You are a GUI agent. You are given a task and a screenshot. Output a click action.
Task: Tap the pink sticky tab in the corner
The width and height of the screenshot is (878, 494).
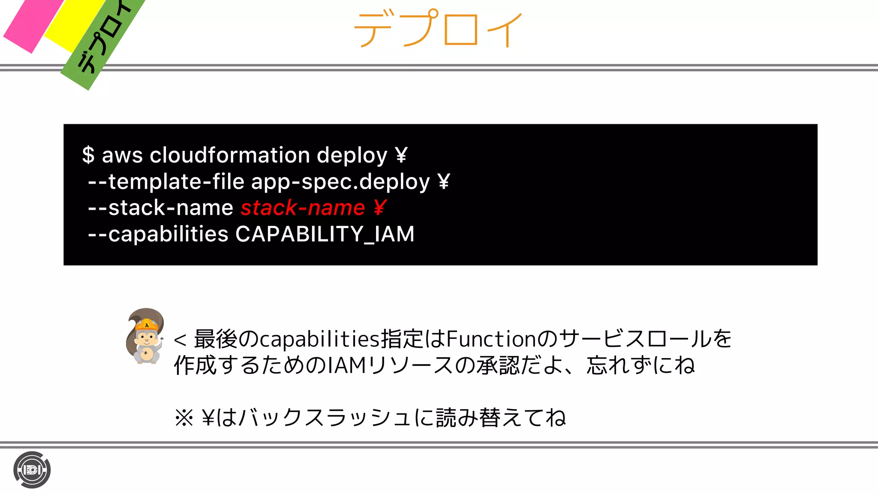(32, 24)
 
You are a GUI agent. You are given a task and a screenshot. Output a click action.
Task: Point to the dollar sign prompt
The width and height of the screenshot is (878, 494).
(88, 155)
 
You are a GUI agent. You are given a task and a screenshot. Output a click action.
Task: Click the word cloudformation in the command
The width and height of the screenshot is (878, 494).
(229, 155)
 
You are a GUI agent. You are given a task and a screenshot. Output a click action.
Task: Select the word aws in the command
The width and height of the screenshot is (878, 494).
(122, 156)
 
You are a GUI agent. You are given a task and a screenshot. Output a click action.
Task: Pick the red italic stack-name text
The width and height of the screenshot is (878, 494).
(303, 208)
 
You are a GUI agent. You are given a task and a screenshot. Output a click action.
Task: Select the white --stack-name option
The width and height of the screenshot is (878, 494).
(160, 208)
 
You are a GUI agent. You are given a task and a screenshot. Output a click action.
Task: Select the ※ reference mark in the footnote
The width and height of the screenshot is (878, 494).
(184, 417)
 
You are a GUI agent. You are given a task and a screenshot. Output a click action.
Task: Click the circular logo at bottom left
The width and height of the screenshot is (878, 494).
(32, 470)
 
